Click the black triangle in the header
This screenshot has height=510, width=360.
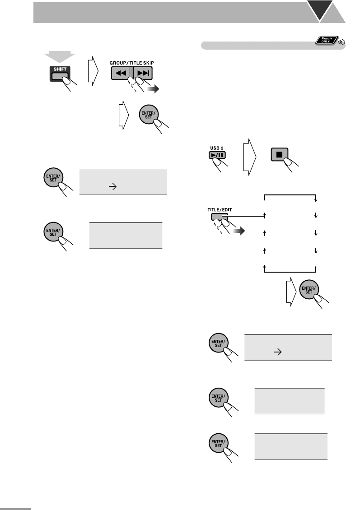pos(327,11)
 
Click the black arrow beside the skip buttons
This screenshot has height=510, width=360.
pos(154,90)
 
